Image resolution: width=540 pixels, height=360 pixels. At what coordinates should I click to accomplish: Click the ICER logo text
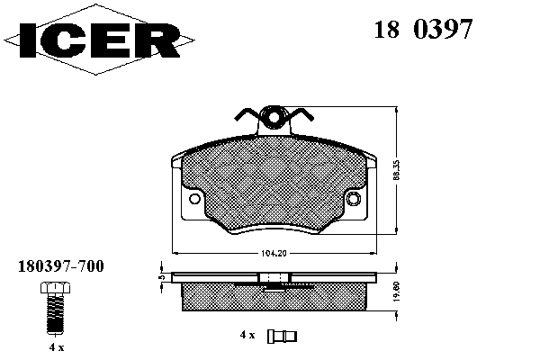100,40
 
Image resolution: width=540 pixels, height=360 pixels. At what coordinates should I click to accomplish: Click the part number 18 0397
423,29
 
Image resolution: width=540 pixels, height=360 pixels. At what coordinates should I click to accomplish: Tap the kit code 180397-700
60,266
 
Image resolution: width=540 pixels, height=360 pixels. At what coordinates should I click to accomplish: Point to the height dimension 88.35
396,170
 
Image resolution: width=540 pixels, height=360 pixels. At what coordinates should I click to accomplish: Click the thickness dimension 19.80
396,292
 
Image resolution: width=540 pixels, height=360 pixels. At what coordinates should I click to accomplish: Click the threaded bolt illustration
56,308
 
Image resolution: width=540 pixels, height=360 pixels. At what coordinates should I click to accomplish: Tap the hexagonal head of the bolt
56,288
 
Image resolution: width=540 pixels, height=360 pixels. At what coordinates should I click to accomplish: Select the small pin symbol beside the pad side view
282,337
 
